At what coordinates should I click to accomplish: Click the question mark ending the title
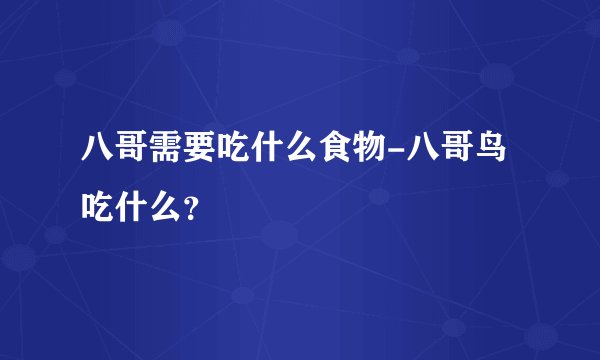190,209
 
